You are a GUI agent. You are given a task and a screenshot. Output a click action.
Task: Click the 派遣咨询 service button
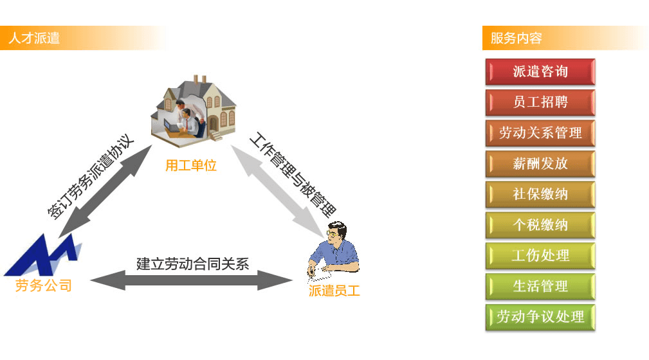click(540, 71)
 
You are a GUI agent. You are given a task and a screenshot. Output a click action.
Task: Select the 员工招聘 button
click(540, 102)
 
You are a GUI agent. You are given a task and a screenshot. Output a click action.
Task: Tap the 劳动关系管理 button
click(540, 133)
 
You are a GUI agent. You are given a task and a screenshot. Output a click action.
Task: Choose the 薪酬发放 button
click(540, 163)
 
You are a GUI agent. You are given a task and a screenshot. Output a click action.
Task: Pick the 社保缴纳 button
click(540, 194)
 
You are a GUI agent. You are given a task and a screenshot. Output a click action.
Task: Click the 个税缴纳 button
click(540, 225)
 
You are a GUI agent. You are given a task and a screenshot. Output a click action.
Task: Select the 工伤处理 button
click(540, 256)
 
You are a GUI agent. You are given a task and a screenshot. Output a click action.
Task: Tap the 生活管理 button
click(540, 286)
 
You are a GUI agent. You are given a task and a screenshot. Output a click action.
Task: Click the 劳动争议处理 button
click(540, 317)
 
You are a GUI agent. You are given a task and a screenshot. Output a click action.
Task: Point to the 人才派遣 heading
click(34, 38)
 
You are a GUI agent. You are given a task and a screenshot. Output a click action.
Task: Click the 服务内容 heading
click(516, 38)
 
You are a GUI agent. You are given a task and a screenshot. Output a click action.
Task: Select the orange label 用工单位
click(191, 165)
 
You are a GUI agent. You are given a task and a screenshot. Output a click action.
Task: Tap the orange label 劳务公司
click(44, 285)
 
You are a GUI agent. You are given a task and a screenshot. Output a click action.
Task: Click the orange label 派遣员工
click(334, 291)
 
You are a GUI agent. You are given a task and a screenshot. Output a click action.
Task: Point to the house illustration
click(194, 111)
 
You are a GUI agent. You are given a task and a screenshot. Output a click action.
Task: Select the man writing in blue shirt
click(333, 250)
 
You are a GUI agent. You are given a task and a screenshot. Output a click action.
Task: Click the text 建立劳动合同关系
click(192, 264)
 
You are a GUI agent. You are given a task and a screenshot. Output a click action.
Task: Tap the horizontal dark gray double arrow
click(191, 280)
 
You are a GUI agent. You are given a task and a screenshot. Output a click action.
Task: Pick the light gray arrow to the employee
click(277, 191)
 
